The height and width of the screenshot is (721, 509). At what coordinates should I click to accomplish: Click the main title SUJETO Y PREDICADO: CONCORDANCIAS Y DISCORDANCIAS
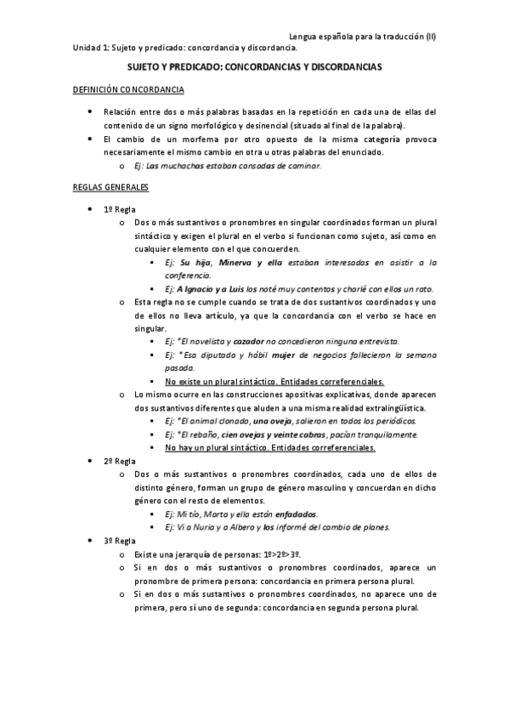point(254,65)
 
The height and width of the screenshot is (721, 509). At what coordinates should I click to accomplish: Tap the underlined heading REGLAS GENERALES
point(110,186)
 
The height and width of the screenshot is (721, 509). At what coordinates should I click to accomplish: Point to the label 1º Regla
point(120,209)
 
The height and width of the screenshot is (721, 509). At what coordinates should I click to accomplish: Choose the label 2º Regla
point(120,461)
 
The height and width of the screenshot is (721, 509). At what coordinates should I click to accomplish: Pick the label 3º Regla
point(120,540)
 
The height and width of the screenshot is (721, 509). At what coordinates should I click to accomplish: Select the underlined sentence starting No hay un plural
point(270,447)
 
